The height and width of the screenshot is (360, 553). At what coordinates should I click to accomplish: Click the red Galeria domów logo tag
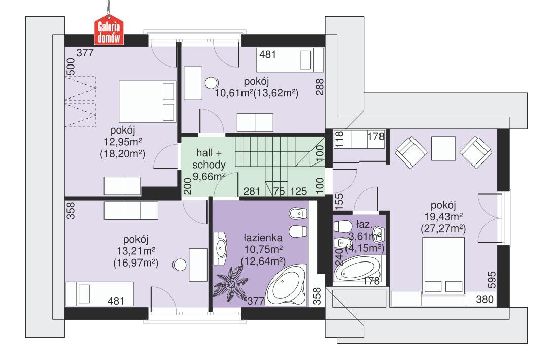pos(110,32)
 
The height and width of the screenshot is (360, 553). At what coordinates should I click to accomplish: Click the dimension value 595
pos(491,280)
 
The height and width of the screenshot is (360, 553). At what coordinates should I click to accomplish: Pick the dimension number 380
pos(485,300)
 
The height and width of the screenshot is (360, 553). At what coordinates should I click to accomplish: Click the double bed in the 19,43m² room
pos(443,266)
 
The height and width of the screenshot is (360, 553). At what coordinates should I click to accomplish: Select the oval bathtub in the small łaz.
pos(359,268)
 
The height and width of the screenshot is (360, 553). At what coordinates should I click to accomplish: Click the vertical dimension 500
pos(71,67)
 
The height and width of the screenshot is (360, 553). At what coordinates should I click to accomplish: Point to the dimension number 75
pos(279,191)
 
